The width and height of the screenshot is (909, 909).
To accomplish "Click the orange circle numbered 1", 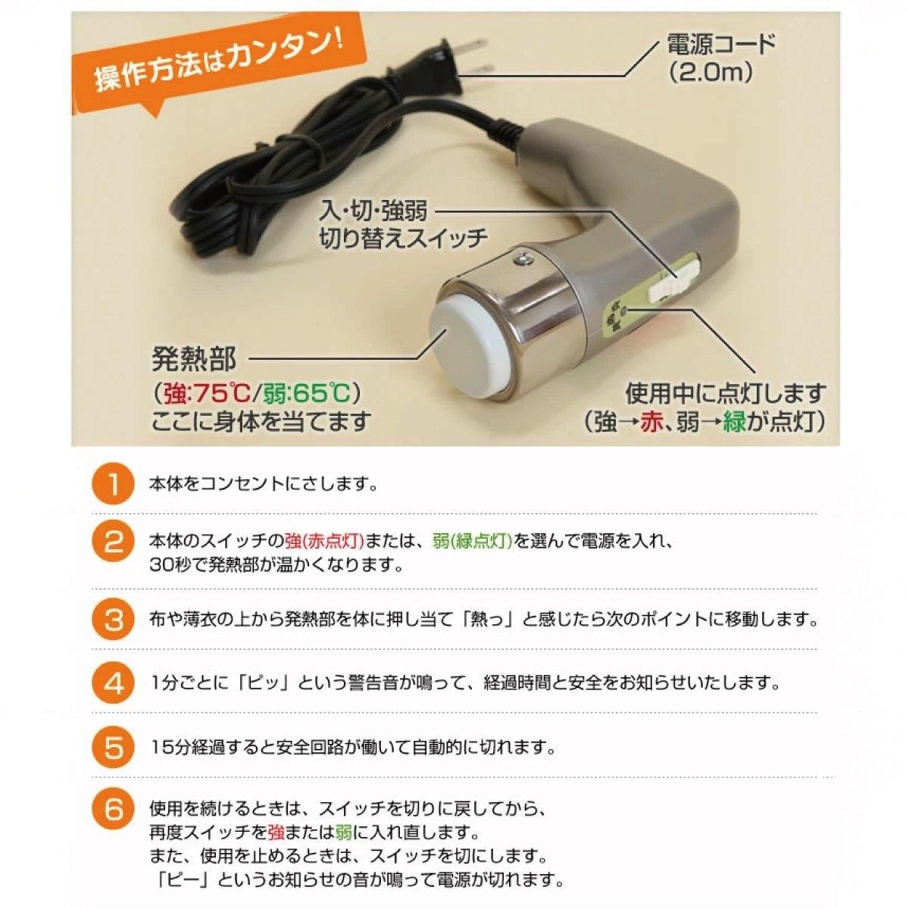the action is [111, 485].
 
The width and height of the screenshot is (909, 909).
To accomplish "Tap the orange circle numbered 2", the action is [111, 542].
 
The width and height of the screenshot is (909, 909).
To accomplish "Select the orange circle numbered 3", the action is [111, 620].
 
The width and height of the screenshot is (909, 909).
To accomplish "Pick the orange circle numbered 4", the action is [111, 683].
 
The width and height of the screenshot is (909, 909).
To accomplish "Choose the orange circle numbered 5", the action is [111, 748].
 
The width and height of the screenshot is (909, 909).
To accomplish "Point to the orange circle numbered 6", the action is [111, 811].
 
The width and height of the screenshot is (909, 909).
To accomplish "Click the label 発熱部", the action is [194, 359].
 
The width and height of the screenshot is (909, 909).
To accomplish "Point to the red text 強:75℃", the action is [206, 393].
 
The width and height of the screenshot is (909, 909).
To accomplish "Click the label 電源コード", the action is [721, 45].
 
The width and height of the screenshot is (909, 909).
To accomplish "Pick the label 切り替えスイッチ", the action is [403, 238].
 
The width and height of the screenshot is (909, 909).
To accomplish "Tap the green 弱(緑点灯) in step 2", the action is [472, 541].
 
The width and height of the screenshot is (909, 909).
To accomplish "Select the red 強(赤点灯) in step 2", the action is [324, 541].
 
